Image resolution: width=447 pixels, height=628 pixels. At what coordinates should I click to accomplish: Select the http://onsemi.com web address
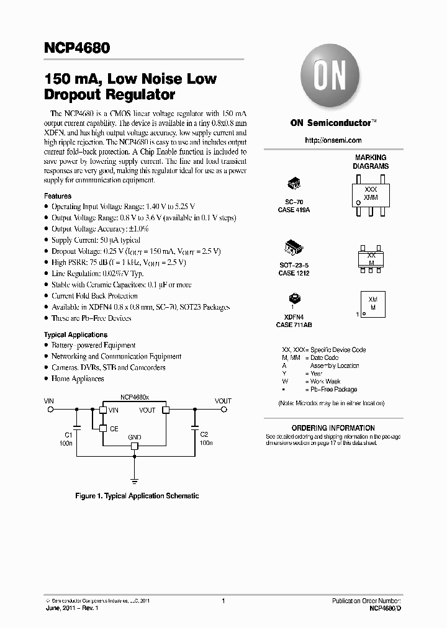[333, 141]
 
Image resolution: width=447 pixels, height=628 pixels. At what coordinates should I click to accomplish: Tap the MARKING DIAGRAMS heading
[371, 162]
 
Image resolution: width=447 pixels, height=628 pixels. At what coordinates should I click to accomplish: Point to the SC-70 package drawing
[294, 184]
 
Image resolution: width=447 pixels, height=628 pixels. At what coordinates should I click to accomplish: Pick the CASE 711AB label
[294, 325]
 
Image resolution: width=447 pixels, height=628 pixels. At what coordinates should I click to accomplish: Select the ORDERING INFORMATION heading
[333, 428]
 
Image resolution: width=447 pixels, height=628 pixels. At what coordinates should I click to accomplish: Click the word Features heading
[57, 196]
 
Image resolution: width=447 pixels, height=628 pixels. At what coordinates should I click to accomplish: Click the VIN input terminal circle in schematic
[51, 410]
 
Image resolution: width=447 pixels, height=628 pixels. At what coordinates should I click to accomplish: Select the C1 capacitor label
[68, 435]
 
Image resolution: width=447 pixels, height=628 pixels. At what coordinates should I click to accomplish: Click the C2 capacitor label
[204, 435]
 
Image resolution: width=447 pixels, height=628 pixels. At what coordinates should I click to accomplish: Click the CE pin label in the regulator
[114, 428]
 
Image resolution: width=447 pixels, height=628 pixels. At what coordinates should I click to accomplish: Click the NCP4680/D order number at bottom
[385, 609]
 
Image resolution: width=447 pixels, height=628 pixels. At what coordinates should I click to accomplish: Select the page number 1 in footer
[223, 601]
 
